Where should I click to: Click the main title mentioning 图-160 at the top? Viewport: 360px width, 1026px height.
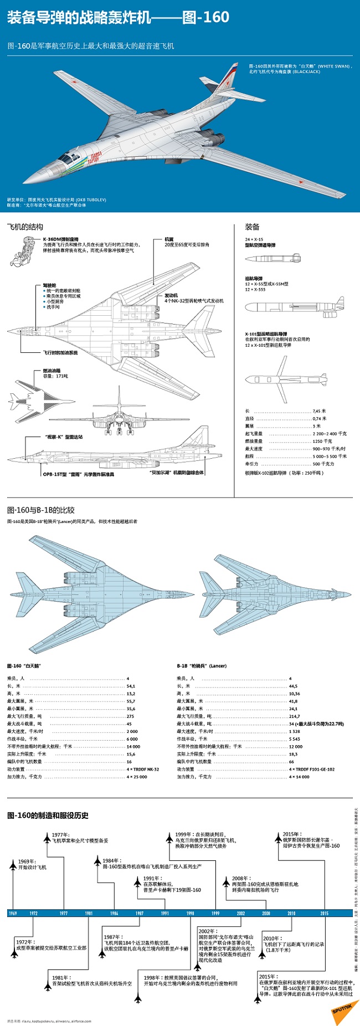[118, 18]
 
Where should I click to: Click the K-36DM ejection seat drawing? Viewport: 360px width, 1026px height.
[25, 251]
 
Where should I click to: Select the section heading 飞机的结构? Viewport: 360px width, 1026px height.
[25, 227]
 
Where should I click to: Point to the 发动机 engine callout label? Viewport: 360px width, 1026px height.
[171, 295]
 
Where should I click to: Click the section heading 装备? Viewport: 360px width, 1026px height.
[253, 227]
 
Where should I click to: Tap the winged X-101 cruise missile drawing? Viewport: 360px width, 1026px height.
[286, 379]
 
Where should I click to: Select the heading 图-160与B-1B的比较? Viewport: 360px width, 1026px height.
[40, 510]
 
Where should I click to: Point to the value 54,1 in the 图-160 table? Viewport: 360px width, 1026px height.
[131, 686]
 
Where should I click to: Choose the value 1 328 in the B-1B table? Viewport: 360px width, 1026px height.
[294, 731]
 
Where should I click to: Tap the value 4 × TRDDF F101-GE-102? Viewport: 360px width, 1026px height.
[311, 769]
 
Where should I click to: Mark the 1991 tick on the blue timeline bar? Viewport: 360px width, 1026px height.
[164, 913]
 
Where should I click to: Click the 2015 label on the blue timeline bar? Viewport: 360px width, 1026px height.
[324, 913]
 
